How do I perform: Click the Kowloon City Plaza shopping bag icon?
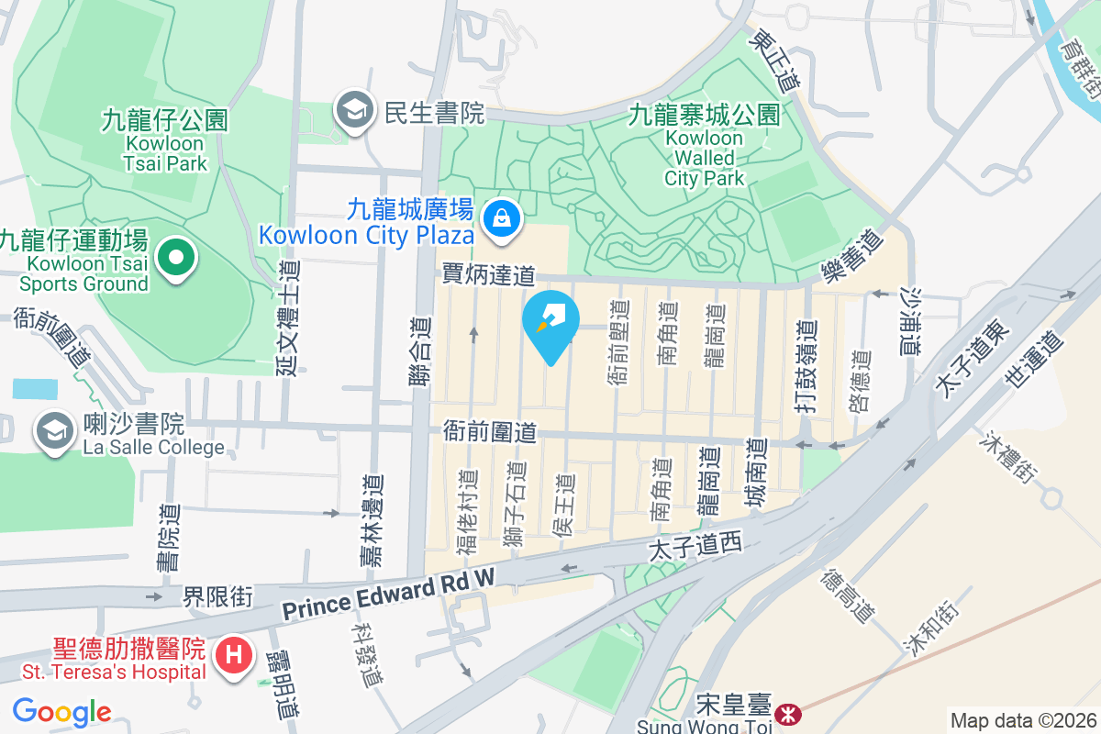coord(501,218)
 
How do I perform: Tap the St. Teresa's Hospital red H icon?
coord(233,656)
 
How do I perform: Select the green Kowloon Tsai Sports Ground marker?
coord(176,258)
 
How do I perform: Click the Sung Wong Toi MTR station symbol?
coord(786,713)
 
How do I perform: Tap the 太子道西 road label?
coord(694,548)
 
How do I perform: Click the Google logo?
coord(61,711)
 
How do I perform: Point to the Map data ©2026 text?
coord(1022,720)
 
